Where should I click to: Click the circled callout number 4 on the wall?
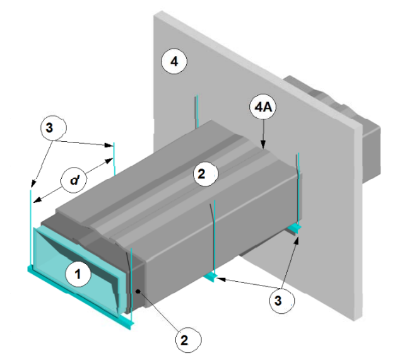click(x=174, y=62)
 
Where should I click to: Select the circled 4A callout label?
click(x=263, y=107)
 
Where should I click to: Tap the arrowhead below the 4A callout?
click(x=263, y=144)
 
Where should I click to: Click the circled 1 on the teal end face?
click(x=78, y=274)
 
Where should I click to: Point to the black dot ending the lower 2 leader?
click(x=138, y=291)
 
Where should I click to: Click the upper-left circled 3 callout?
click(x=54, y=127)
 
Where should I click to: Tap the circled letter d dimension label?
click(x=74, y=180)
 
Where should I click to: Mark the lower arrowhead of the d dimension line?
click(x=38, y=199)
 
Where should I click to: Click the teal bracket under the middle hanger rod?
click(x=211, y=277)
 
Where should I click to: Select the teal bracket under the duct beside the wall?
click(x=294, y=229)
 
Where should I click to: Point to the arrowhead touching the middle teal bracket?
click(x=221, y=279)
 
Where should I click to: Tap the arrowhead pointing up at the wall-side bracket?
click(x=296, y=241)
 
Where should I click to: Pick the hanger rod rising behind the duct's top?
click(x=197, y=111)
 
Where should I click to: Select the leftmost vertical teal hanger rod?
click(x=31, y=229)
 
